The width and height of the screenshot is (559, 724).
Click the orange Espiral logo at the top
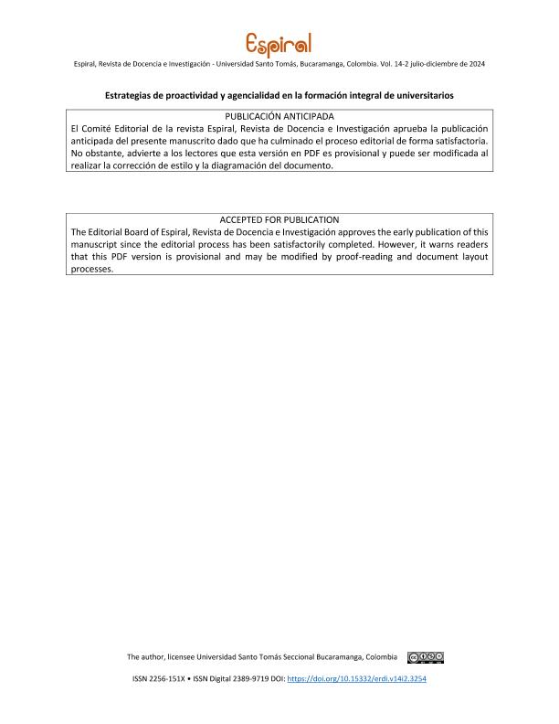tap(279, 43)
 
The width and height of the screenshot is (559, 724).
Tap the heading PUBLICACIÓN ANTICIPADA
tap(279, 116)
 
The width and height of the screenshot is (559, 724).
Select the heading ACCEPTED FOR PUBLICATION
tap(279, 220)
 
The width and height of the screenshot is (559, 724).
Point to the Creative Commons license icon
tap(426, 657)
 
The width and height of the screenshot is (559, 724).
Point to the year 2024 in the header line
tap(474, 63)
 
